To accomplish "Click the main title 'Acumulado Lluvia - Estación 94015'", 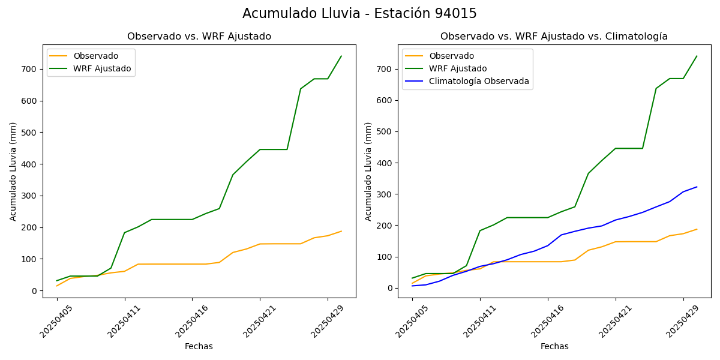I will coord(359,14).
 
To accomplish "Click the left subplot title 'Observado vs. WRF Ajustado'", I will coord(199,37).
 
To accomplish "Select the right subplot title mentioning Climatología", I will coord(554,37).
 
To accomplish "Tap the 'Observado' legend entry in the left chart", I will coord(96,56).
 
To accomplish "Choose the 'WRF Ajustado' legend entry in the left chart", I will coord(102,68).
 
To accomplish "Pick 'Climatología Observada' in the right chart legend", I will coord(479,81).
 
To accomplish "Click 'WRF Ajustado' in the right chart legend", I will coord(458,68).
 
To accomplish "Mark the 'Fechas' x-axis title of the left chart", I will coord(199,346).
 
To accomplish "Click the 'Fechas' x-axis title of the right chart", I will coord(554,346).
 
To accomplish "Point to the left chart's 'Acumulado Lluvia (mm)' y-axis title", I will coord(13,171).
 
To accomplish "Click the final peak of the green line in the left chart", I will coord(341,56).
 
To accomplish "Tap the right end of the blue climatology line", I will coord(697,187).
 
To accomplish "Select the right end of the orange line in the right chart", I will coord(697,229).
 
